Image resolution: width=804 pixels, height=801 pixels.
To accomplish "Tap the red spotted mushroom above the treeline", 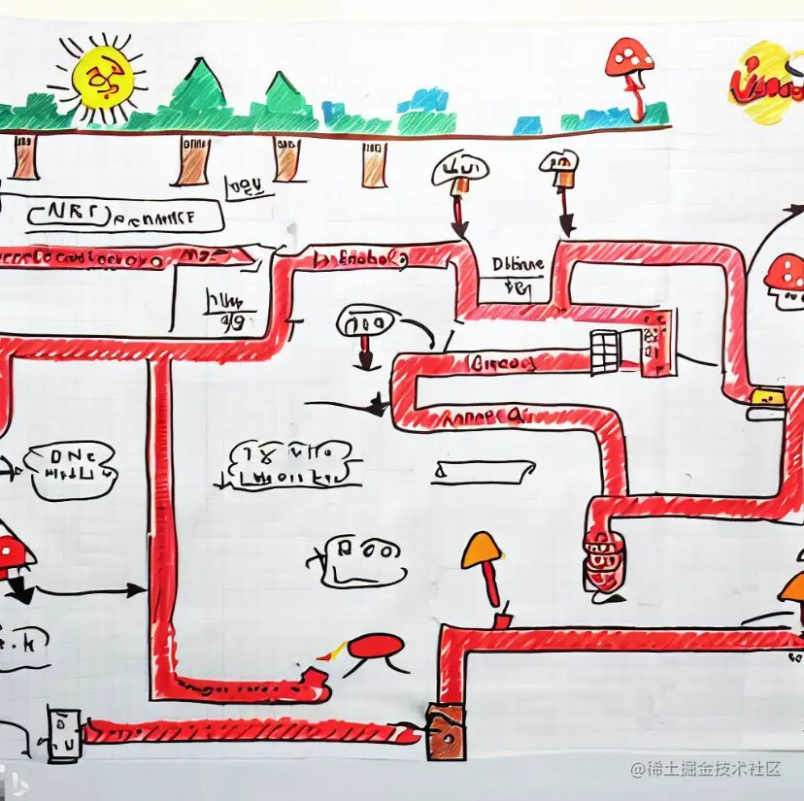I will [x=629, y=60].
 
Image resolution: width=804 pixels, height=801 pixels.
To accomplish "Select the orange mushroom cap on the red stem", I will [x=483, y=551].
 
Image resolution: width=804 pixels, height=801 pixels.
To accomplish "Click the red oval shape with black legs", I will [x=375, y=646].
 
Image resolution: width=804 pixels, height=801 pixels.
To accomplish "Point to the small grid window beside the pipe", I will [x=604, y=350].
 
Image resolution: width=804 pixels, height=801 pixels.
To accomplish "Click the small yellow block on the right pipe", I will [x=768, y=397].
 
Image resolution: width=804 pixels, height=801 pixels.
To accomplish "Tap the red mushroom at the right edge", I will [x=785, y=274].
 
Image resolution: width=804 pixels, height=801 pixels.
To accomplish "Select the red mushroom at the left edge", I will [x=12, y=553].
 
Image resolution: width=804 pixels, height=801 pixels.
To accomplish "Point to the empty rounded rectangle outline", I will [x=485, y=471].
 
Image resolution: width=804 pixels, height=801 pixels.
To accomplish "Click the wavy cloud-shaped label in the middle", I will [x=287, y=464].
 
